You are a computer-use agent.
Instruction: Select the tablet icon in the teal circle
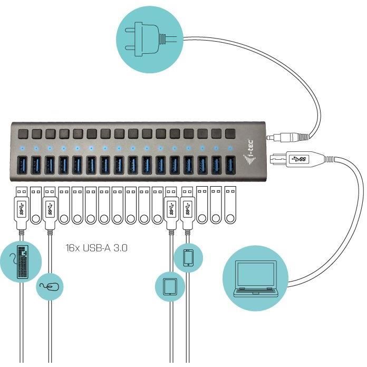tap(169, 286)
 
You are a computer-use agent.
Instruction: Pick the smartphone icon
tap(189, 258)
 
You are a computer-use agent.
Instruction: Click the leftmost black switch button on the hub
tap(23, 133)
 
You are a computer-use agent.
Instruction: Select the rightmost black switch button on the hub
tap(230, 133)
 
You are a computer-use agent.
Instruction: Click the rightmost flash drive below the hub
tap(228, 206)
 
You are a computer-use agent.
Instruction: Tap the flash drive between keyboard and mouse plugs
tap(36, 206)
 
